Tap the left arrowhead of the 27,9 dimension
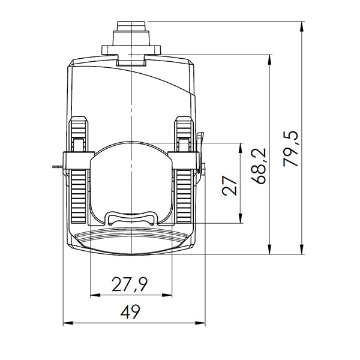[x=94, y=296]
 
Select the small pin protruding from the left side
[x=58, y=165]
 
